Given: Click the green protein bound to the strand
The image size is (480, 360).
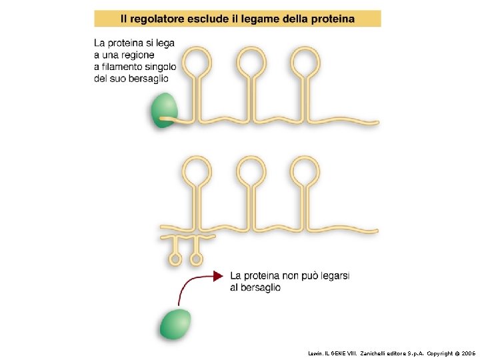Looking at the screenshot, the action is point(163,110).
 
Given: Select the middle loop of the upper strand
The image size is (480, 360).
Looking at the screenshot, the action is point(251,62).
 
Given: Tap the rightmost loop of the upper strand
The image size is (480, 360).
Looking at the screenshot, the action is point(305,62).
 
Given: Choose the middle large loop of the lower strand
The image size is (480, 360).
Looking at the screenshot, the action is point(251,171).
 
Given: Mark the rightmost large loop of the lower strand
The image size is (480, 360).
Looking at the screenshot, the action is point(305,171).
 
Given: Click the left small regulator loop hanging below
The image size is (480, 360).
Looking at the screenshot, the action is point(176,258).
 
